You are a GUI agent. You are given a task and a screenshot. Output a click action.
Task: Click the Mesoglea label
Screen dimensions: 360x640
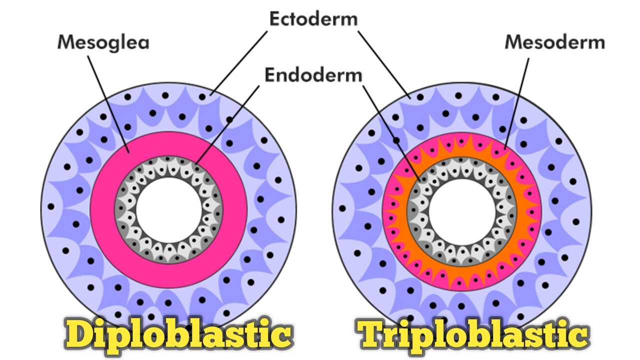(x=103, y=42)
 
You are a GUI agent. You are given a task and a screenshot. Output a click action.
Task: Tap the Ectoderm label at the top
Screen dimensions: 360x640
(x=313, y=19)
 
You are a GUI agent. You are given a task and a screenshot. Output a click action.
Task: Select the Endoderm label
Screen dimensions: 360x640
(x=313, y=75)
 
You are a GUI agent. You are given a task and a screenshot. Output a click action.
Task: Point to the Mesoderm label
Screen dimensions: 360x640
(x=554, y=42)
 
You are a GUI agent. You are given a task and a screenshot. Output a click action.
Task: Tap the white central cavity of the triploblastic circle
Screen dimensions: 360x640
(x=461, y=210)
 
